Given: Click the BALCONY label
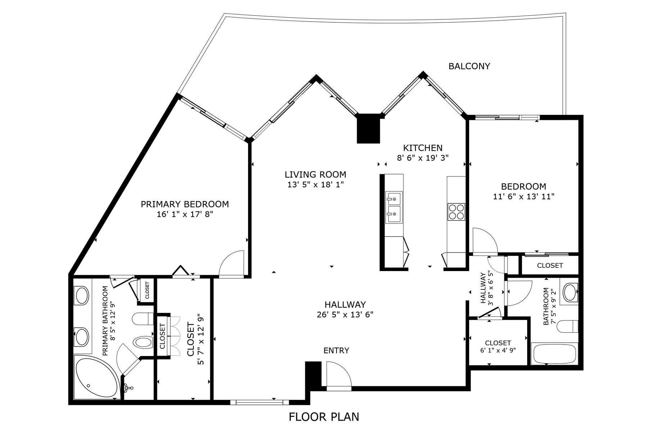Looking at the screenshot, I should [x=469, y=66].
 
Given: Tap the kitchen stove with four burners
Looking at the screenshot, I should [x=456, y=212].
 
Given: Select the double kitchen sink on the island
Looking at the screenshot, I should [x=394, y=208].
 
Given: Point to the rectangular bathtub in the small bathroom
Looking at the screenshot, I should [x=554, y=354].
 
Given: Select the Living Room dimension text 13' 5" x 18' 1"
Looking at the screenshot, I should [x=315, y=185].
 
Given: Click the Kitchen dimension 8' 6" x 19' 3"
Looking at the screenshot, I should [x=423, y=158].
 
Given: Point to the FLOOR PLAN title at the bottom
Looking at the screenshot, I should [x=324, y=417].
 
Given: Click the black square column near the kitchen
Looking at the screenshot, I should [x=368, y=128].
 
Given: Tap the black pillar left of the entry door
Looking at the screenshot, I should [x=313, y=374].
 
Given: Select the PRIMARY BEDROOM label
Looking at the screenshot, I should [x=185, y=204].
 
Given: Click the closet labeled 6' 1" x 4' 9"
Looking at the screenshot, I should [x=498, y=346].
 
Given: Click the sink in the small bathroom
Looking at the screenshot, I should [x=570, y=292].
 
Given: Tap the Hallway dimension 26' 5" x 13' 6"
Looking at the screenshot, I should [x=345, y=314].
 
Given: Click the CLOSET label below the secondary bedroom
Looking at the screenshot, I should [x=550, y=266].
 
